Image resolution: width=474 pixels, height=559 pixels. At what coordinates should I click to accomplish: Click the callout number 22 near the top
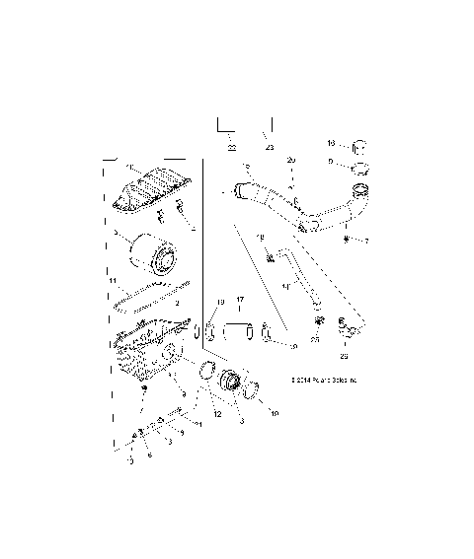click(x=231, y=147)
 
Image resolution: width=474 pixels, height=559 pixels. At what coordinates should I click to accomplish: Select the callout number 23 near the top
click(x=269, y=147)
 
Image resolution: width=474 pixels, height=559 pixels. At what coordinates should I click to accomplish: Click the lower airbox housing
click(x=147, y=360)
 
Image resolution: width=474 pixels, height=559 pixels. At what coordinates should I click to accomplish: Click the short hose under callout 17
click(x=239, y=331)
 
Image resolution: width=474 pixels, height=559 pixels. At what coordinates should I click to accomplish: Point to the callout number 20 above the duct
click(x=290, y=160)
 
